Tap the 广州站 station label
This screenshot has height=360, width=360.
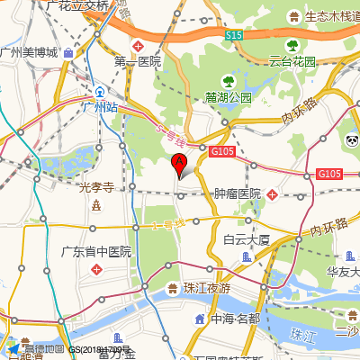point(100,107)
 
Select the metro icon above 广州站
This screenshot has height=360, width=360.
point(100,92)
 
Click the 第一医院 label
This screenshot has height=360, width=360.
point(137,61)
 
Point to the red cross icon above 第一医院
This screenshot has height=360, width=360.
point(138,45)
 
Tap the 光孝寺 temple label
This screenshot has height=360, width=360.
point(95,187)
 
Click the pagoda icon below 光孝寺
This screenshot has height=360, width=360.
point(95,204)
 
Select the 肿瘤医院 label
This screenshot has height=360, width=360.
point(238,193)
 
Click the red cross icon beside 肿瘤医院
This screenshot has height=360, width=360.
point(272,193)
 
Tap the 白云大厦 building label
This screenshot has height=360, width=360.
point(247,239)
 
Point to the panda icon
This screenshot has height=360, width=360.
point(352,140)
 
